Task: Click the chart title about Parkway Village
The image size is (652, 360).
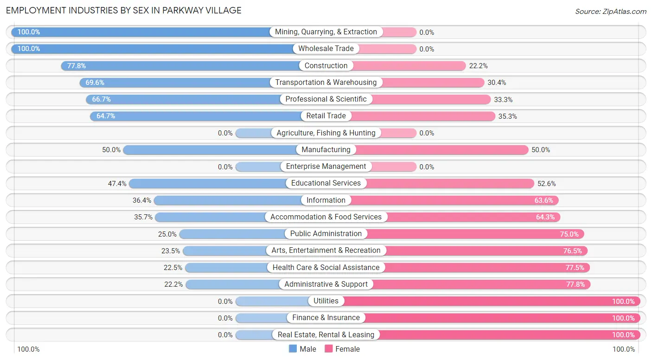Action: tap(124, 10)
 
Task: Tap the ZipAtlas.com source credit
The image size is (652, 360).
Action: tap(610, 11)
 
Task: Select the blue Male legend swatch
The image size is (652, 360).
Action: tap(293, 349)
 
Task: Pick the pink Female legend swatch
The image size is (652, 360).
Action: tap(329, 349)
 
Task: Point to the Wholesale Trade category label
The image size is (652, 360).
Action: tap(326, 49)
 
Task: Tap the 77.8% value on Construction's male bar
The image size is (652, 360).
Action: tap(77, 66)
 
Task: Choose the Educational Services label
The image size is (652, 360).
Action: tap(326, 183)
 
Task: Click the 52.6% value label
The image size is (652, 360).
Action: tap(547, 184)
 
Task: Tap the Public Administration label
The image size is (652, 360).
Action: tap(326, 234)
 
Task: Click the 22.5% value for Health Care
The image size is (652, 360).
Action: tap(173, 268)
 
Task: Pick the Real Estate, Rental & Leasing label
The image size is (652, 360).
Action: tap(326, 334)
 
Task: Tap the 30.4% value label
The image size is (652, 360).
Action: tap(497, 83)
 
